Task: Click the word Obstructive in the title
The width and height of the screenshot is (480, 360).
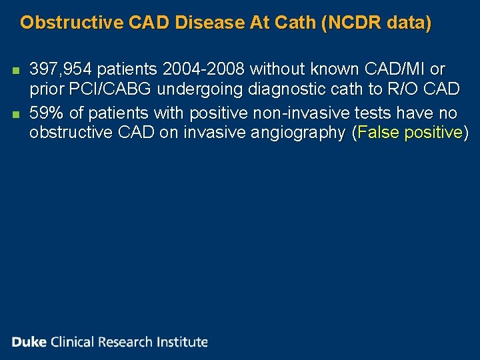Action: point(62,23)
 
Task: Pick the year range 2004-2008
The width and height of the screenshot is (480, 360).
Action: point(203,69)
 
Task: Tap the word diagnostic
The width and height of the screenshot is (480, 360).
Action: point(293,90)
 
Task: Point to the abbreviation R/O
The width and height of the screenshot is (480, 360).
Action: point(405,90)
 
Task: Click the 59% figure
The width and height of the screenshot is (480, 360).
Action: point(45,111)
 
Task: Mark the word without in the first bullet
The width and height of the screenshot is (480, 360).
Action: point(275,69)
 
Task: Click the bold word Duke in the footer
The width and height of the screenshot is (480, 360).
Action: point(29,342)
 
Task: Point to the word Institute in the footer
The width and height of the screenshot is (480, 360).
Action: point(182,342)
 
